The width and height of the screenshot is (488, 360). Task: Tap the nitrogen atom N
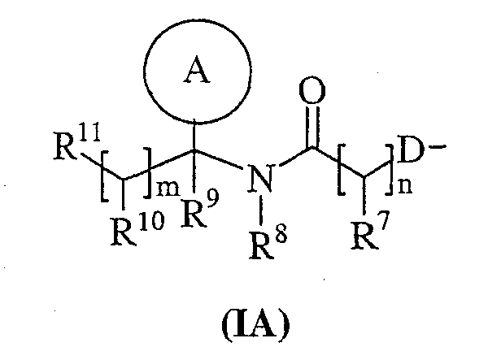click(x=261, y=178)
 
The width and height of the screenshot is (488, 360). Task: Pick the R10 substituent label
click(x=137, y=228)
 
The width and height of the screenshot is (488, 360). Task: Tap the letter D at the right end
click(x=411, y=152)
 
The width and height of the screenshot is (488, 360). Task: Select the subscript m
click(x=168, y=189)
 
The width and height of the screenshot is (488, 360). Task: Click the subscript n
click(x=405, y=187)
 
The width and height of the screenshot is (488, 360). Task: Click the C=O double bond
click(x=312, y=127)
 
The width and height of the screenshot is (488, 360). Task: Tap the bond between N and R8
click(x=261, y=210)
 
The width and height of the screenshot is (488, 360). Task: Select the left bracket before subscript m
click(x=105, y=176)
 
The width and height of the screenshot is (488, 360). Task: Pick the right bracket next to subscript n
click(x=389, y=170)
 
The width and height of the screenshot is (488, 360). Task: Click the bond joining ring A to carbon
click(x=194, y=135)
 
